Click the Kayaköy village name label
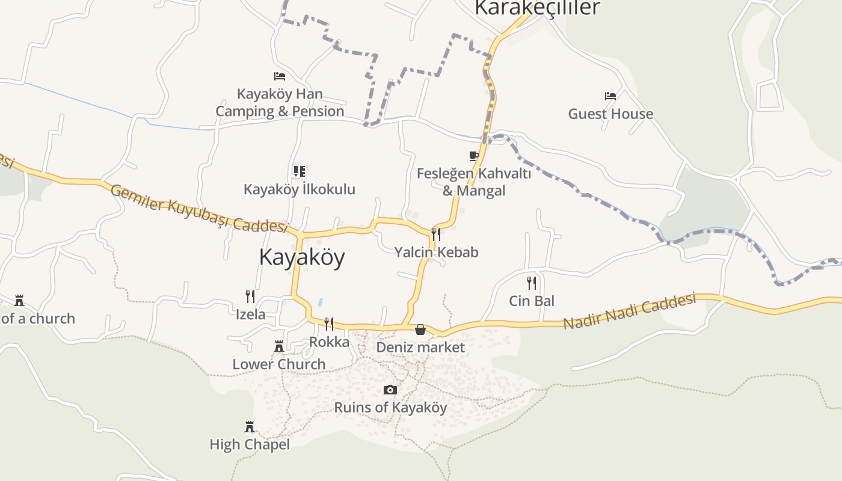click(301, 257)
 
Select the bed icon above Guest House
click(610, 96)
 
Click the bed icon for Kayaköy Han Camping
click(280, 76)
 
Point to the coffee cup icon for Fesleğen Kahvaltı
click(474, 156)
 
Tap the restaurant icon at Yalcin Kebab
click(436, 234)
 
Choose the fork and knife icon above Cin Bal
click(532, 283)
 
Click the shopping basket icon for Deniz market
click(420, 329)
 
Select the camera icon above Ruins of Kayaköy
click(390, 390)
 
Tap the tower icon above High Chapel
click(250, 427)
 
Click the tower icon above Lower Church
click(279, 346)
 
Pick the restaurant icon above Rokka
click(329, 324)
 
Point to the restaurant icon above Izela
click(250, 296)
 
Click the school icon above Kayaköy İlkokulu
click(299, 172)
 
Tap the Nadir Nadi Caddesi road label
click(629, 311)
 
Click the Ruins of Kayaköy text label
click(390, 408)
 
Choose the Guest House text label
click(610, 114)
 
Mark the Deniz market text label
click(420, 348)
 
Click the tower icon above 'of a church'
click(19, 300)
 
